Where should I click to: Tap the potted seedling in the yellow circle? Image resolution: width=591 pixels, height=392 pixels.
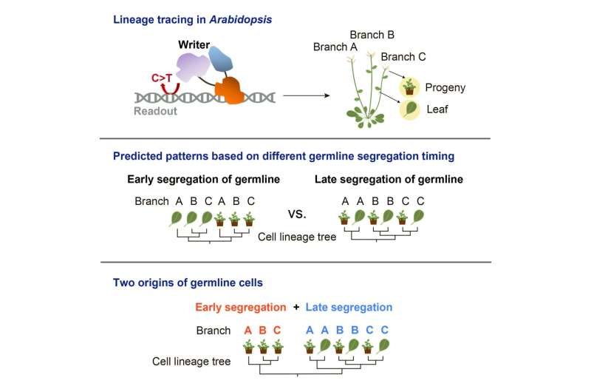[409, 88]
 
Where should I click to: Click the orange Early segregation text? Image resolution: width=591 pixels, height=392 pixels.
[239, 307]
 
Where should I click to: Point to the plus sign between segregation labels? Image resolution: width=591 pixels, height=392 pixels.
[293, 307]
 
